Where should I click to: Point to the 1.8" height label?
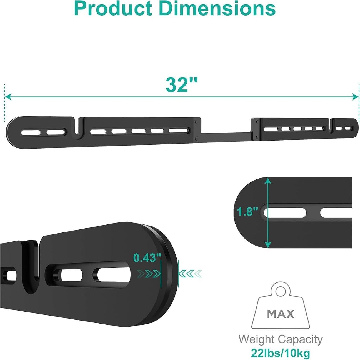click(247, 212)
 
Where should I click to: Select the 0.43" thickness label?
click(147, 258)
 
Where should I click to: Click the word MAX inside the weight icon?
click(281, 314)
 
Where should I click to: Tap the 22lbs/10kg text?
click(280, 353)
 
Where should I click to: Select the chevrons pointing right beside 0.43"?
click(149, 274)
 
